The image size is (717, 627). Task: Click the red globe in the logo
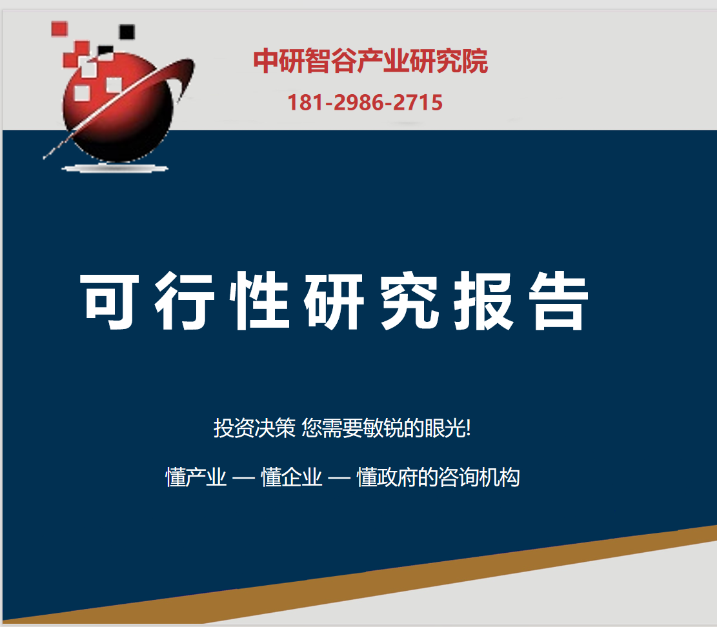pyautogui.click(x=117, y=108)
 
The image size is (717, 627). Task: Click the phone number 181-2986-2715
pyautogui.click(x=365, y=103)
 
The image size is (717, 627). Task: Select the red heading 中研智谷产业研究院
pyautogui.click(x=370, y=61)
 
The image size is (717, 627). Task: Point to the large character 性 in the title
pyautogui.click(x=259, y=300)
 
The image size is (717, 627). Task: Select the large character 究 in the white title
pyautogui.click(x=409, y=300)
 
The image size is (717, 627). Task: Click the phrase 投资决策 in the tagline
pyautogui.click(x=255, y=428)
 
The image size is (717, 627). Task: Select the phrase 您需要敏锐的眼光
pyautogui.click(x=383, y=428)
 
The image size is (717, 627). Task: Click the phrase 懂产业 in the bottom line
pyautogui.click(x=196, y=477)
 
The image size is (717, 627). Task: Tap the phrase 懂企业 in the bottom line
pyautogui.click(x=291, y=477)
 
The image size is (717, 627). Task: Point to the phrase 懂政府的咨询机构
pyautogui.click(x=438, y=477)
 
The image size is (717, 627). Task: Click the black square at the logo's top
pyautogui.click(x=126, y=32)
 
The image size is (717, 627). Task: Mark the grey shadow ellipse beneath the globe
pyautogui.click(x=116, y=168)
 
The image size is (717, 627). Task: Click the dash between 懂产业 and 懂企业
pyautogui.click(x=244, y=479)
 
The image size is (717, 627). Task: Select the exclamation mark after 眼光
pyautogui.click(x=469, y=429)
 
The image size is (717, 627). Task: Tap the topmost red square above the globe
pyautogui.click(x=59, y=29)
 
